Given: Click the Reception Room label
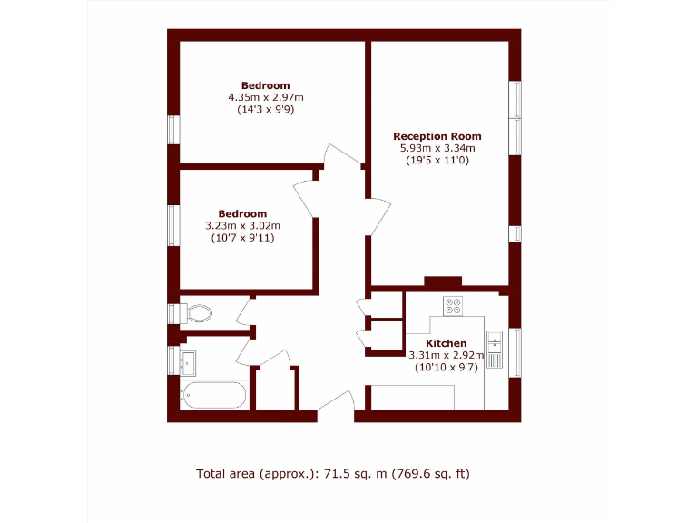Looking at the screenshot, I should coord(437,136).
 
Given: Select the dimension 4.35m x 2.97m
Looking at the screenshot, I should coord(265,97).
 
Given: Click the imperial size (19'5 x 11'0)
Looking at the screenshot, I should coord(437,160).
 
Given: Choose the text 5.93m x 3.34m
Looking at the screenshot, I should coord(437,148).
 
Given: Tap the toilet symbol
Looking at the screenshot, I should coord(196,313).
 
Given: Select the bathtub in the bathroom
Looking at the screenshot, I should coord(214,396).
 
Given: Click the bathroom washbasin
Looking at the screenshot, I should coord(189,363).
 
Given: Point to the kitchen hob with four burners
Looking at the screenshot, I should coord(452,306).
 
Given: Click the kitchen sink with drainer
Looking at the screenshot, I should coord(495,350).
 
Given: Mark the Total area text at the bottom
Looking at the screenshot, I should coord(332,473).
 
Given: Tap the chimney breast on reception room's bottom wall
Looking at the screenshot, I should coord(443,281).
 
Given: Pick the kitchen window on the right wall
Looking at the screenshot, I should coord(516,351).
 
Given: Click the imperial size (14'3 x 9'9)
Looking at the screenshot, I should coord(265,109).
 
